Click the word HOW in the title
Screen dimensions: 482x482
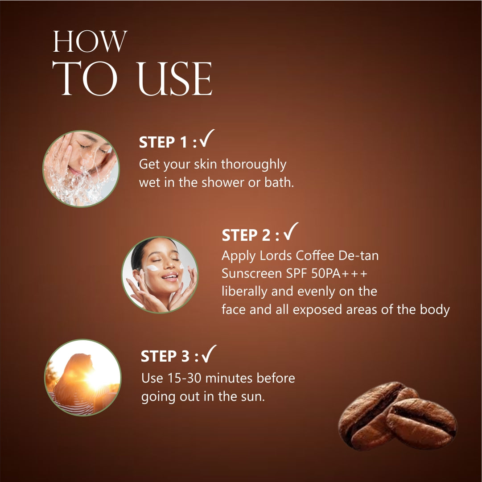coord(90,42)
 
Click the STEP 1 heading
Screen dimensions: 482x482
coord(168,142)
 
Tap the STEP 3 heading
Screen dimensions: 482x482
coord(169,357)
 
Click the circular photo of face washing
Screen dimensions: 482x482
coord(81,169)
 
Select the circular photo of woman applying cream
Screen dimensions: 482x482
coord(160,274)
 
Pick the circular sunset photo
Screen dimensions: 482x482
coord(83,377)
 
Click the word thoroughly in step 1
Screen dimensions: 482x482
coord(253,165)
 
